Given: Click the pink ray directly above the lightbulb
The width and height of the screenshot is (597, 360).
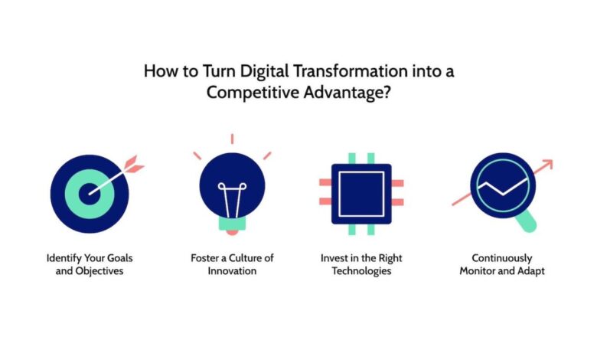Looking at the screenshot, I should (x=231, y=139).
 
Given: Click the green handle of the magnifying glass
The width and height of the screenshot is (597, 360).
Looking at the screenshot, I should (x=527, y=222).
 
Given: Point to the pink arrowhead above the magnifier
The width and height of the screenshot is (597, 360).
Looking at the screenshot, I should (x=546, y=164).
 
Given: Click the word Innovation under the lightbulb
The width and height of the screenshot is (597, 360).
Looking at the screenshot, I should (x=231, y=271).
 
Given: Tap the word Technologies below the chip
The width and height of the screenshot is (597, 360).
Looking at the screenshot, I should (x=362, y=271).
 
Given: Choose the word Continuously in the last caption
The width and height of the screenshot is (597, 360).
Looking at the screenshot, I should (x=501, y=258).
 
